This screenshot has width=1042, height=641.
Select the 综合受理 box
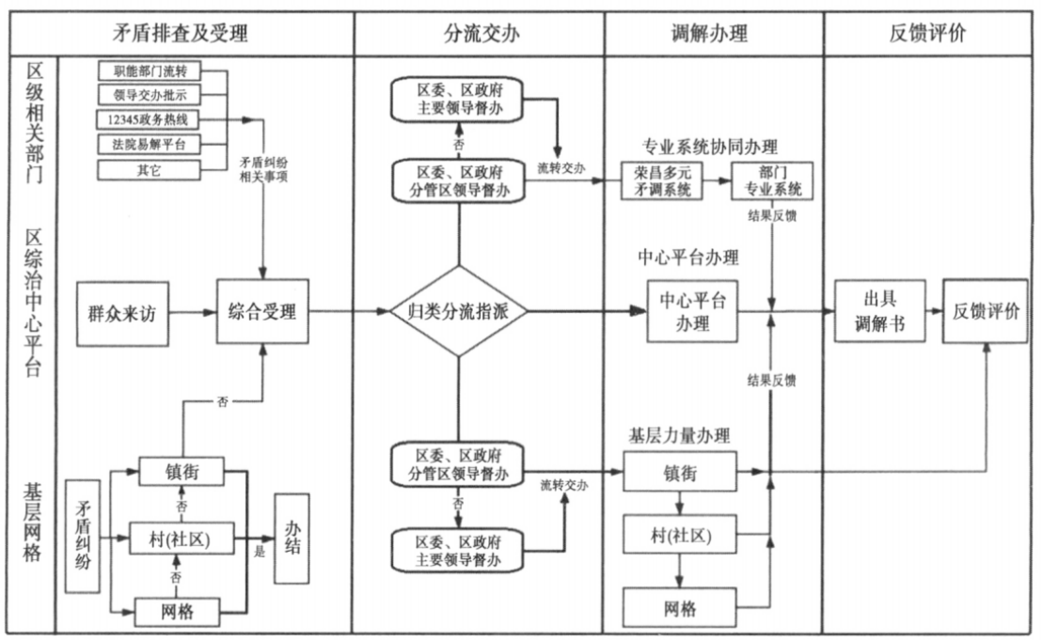pyautogui.click(x=263, y=312)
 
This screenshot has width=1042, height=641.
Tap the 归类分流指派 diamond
pyautogui.click(x=458, y=312)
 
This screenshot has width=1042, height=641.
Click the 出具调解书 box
pyautogui.click(x=879, y=311)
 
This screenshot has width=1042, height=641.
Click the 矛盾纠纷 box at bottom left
pyautogui.click(x=83, y=536)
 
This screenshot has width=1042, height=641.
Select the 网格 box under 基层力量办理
pyautogui.click(x=679, y=609)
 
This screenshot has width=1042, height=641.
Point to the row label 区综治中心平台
pyautogui.click(x=34, y=303)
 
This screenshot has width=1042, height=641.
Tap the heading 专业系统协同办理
pyautogui.click(x=710, y=148)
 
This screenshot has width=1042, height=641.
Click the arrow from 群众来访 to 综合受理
pyautogui.click(x=192, y=312)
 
